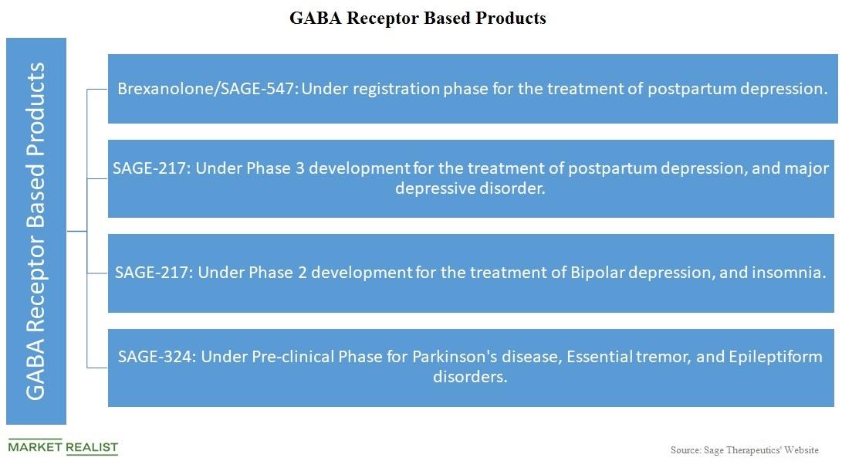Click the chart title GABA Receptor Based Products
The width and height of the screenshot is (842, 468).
click(x=418, y=19)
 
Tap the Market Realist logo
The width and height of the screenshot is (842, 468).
click(x=63, y=447)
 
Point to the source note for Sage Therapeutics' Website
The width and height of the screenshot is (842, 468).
click(x=744, y=449)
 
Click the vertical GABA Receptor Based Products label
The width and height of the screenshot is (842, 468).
click(x=36, y=231)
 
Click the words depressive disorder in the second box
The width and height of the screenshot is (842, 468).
click(x=470, y=188)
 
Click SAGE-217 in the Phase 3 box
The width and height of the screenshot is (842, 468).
click(x=150, y=168)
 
